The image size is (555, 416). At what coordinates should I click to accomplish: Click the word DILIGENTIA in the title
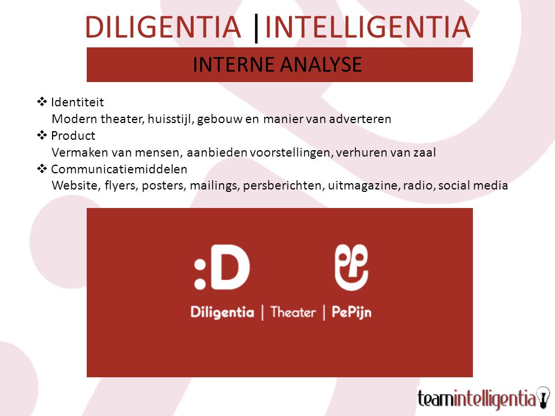click(x=163, y=27)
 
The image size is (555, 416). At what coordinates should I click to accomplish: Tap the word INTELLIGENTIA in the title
click(x=368, y=27)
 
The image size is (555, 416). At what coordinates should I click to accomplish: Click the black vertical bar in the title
click(x=256, y=28)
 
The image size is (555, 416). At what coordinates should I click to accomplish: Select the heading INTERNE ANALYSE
click(x=277, y=64)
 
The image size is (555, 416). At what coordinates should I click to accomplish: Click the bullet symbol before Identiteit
click(x=42, y=102)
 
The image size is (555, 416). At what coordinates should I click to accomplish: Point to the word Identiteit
click(x=77, y=102)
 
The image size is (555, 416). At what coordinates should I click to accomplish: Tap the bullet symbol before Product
click(x=42, y=135)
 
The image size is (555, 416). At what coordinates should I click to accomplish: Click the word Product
click(x=73, y=135)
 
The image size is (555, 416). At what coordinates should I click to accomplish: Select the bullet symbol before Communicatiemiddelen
click(x=42, y=169)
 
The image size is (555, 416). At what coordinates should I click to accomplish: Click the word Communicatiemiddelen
click(x=119, y=169)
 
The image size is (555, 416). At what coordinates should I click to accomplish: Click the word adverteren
click(x=360, y=119)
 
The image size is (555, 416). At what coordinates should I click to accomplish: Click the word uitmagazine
click(x=364, y=185)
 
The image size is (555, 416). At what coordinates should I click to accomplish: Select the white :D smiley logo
click(x=222, y=267)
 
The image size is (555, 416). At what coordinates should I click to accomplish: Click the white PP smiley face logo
click(x=351, y=267)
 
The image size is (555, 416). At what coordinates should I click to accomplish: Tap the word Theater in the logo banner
click(x=293, y=313)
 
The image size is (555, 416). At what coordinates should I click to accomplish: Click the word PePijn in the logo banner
click(x=351, y=313)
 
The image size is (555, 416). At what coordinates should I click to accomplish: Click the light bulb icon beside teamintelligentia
click(x=543, y=398)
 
